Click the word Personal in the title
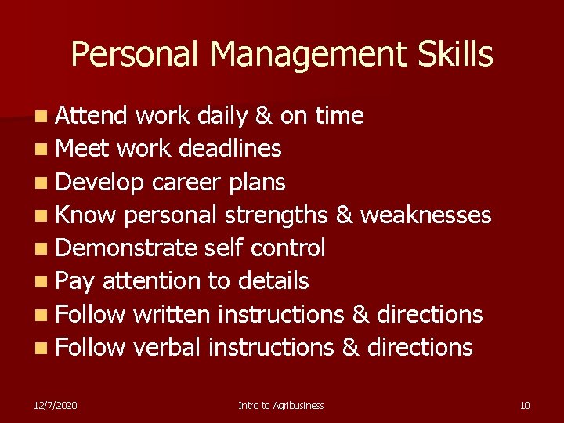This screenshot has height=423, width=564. tap(135, 55)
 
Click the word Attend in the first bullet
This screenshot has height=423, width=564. tap(92, 116)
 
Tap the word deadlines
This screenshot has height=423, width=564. tap(230, 149)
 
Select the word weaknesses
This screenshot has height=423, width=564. tap(424, 215)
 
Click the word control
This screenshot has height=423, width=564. tap(287, 248)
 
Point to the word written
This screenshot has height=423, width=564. tap(172, 314)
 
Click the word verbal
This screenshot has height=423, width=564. tap(167, 347)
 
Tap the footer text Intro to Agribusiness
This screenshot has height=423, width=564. tap(281, 405)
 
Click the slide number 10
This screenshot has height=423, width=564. tap(525, 405)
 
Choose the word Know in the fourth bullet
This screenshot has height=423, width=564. tap(86, 215)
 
